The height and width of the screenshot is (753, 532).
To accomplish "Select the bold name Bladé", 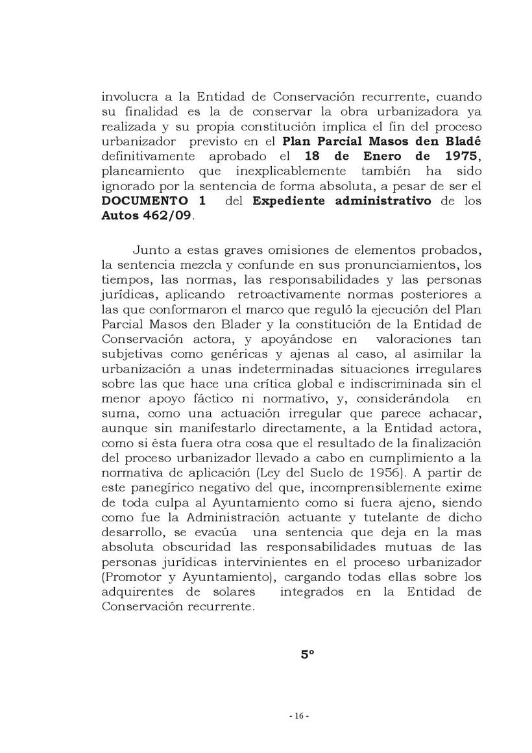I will (x=464, y=142).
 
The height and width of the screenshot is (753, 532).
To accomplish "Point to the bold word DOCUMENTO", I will (x=137, y=201).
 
